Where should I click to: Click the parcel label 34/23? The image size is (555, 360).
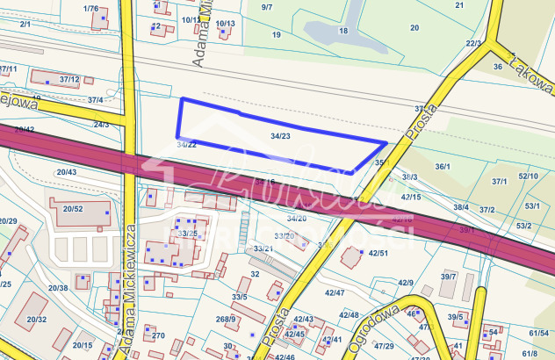[281, 136]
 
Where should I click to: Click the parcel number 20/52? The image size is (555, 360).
[73, 208]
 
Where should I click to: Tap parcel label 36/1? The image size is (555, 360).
[443, 166]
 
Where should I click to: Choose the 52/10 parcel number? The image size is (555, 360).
[529, 176]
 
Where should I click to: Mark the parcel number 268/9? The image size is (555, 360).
[227, 319]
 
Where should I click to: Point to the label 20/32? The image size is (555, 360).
[36, 320]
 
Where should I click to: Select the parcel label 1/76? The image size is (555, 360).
[90, 8]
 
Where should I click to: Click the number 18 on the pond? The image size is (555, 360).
[343, 31]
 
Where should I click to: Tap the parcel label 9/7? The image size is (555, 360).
[267, 8]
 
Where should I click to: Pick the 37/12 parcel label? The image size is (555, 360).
[69, 80]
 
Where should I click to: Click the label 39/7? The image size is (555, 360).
[449, 277]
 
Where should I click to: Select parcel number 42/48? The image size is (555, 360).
[349, 314]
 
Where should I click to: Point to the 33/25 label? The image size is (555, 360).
[187, 234]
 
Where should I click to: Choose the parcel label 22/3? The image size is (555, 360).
[474, 42]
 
